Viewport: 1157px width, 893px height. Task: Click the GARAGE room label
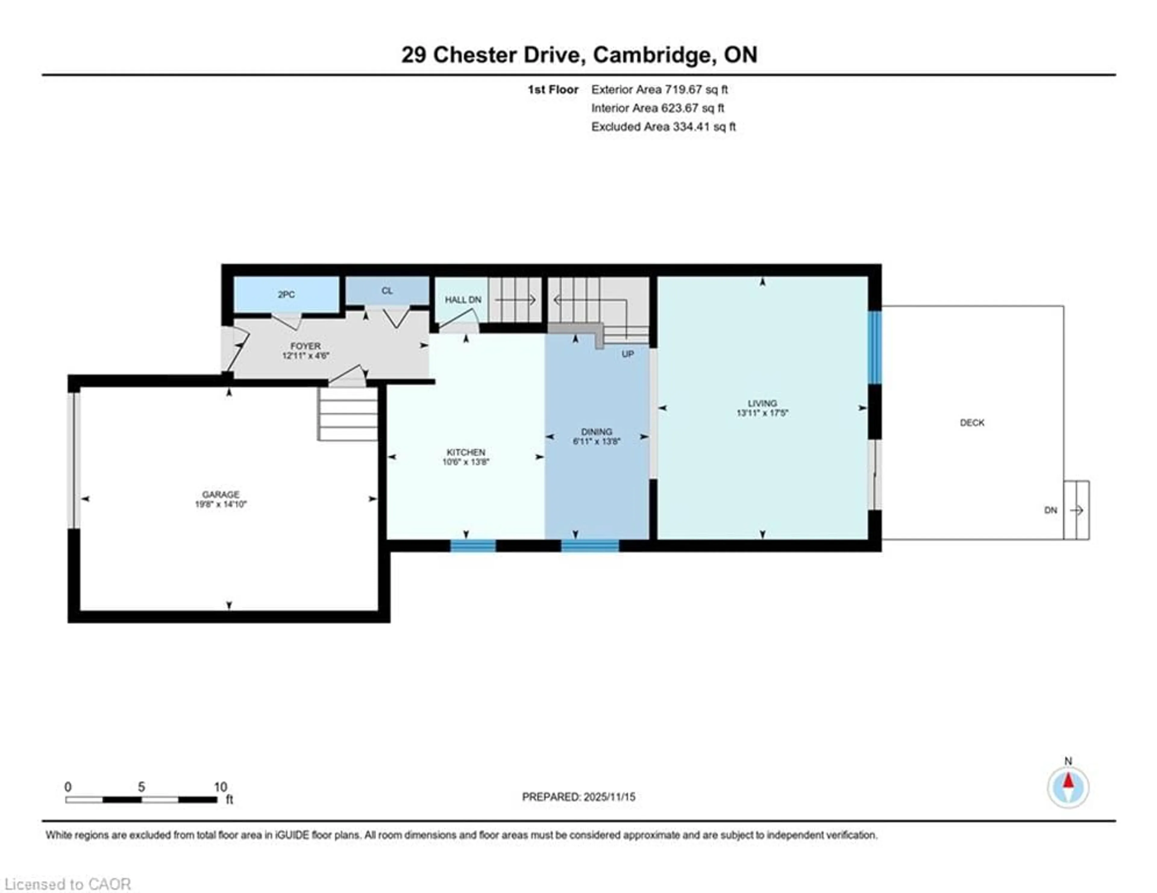(220, 494)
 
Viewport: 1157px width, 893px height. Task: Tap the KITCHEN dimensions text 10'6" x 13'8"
(466, 462)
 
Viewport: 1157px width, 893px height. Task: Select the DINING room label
(597, 432)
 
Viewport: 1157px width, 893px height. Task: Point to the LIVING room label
(762, 403)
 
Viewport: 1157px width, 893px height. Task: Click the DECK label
(972, 423)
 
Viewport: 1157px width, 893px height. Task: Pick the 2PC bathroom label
(286, 294)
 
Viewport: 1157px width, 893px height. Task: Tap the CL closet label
(387, 291)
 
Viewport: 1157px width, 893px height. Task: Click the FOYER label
(306, 346)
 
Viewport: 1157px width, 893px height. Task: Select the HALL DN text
(463, 300)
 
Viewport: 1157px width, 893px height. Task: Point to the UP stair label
(628, 354)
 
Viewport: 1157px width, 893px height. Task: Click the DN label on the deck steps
(1051, 510)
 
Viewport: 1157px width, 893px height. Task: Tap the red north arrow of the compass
(1068, 781)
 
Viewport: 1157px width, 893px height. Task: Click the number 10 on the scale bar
(220, 787)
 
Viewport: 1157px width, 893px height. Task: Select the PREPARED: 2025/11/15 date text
(578, 797)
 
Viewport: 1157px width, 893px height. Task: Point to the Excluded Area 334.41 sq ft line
(663, 127)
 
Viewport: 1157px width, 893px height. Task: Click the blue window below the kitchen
(473, 546)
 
